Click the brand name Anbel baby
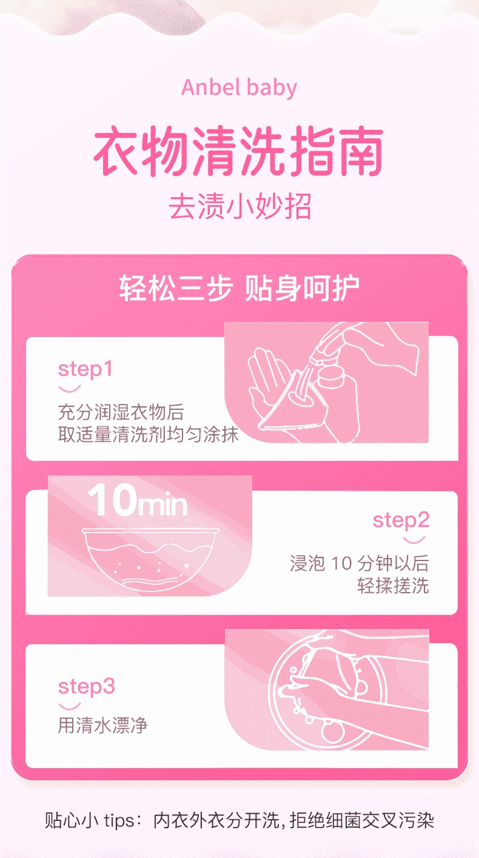239,87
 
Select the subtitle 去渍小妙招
240,206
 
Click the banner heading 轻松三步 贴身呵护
239,288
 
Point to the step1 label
85,370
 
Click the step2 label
401,520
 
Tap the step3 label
87,686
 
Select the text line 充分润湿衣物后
121,412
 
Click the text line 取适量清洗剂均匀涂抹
148,434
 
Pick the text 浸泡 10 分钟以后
359,563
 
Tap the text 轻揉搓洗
394,585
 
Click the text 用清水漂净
102,725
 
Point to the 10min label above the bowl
138,500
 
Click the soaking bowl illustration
151,560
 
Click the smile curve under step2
414,540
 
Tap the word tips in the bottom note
119,821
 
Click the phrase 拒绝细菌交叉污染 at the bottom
362,821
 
